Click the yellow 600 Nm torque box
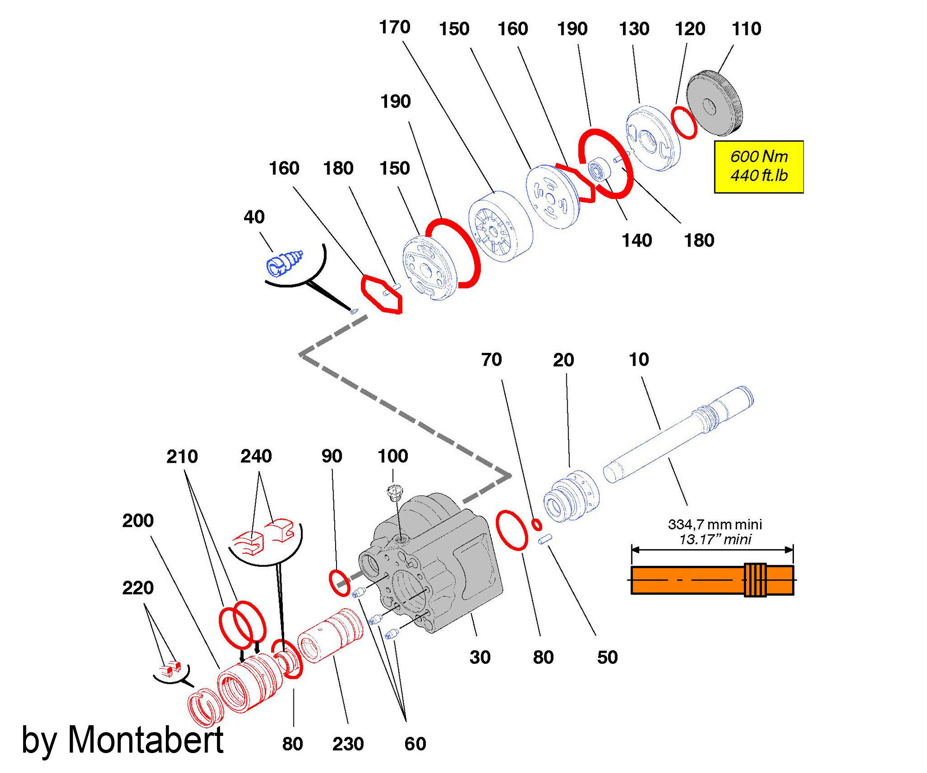click(758, 166)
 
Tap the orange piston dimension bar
click(712, 580)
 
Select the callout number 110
click(746, 29)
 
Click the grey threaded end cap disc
click(714, 103)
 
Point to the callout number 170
click(394, 27)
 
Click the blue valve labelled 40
click(284, 263)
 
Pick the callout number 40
click(254, 217)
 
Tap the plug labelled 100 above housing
click(395, 492)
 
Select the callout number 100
click(393, 456)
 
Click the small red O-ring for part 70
click(537, 524)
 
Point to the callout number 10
click(639, 359)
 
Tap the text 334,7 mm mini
click(715, 524)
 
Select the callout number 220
click(138, 588)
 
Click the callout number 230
click(348, 744)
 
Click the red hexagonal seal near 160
click(381, 294)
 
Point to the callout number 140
click(636, 241)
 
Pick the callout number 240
click(256, 456)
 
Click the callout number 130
click(634, 29)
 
